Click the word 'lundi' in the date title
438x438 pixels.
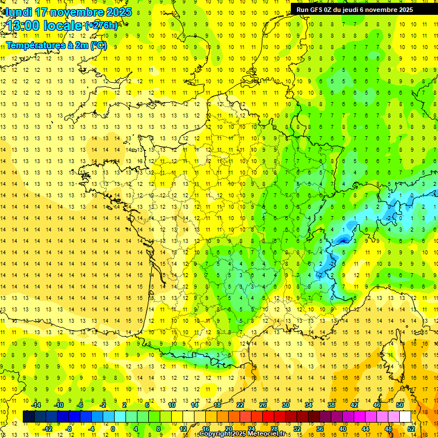tap(18, 12)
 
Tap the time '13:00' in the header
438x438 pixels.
tap(28, 26)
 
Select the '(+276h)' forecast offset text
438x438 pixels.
tap(102, 26)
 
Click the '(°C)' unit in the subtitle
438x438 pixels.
tap(98, 44)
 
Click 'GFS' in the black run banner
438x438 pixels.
tap(317, 10)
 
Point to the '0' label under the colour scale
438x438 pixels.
tap(112, 428)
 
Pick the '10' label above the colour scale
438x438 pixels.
tap(171, 405)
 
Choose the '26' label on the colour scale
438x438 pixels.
tap(263, 405)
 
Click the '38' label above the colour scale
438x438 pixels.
tap(331, 405)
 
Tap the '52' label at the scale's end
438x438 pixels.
tap(411, 428)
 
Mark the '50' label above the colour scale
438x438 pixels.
tap(400, 405)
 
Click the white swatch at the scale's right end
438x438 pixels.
tap(405, 416)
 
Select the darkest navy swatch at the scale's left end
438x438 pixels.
tap(29, 416)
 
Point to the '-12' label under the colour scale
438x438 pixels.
tap(48, 428)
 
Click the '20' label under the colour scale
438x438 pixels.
tap(228, 428)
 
